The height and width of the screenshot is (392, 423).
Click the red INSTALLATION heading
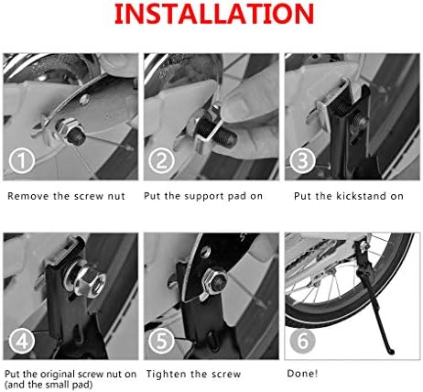[214, 14]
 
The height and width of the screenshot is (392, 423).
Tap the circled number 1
[22, 160]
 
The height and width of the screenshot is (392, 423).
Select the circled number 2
[162, 160]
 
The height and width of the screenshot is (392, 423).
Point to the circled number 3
[302, 160]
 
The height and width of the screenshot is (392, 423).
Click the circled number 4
[22, 341]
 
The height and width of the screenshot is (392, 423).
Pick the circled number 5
[162, 341]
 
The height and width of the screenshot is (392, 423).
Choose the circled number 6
[302, 341]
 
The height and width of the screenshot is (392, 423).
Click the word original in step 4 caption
[57, 375]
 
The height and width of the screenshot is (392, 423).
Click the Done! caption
[302, 374]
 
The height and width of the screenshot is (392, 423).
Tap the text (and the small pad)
[49, 385]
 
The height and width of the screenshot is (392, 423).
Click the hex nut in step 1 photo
[69, 128]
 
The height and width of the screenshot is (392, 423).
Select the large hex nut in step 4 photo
[91, 279]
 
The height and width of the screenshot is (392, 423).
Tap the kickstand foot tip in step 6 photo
[391, 352]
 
